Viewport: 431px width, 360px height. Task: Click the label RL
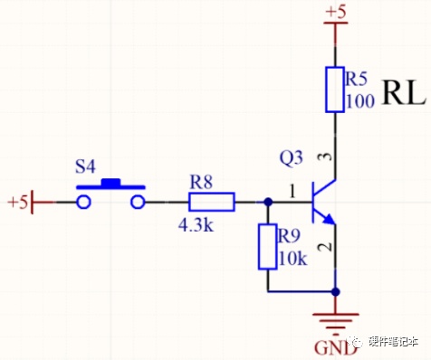404,93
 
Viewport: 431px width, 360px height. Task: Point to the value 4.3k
196,224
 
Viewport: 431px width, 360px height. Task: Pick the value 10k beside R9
292,259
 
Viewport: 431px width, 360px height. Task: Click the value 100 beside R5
360,101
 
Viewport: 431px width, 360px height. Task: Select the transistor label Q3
291,157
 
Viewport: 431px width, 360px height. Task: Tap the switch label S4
85,166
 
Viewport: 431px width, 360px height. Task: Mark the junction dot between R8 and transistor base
268,202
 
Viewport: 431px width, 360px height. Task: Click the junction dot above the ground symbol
335,292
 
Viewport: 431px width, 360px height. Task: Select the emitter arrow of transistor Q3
329,219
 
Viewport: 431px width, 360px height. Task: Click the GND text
335,348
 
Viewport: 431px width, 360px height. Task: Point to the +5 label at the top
336,13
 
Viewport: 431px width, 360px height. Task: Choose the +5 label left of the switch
18,202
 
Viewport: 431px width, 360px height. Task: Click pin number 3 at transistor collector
326,157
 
